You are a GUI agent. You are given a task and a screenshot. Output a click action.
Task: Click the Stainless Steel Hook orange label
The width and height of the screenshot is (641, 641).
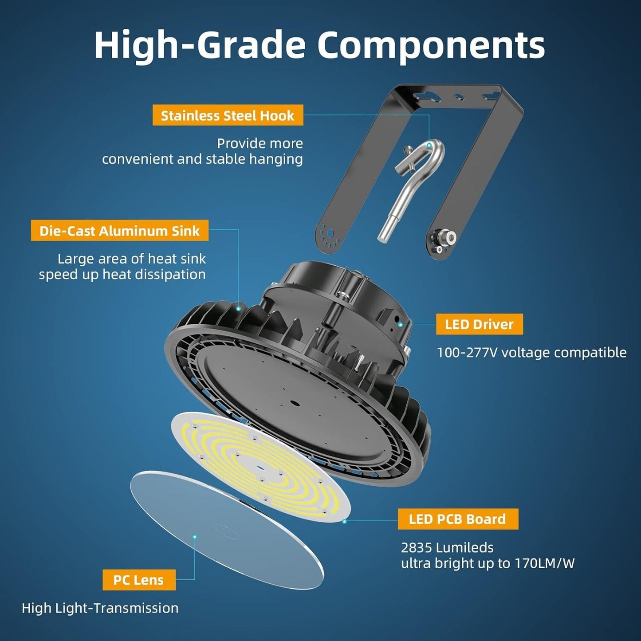[x=228, y=115]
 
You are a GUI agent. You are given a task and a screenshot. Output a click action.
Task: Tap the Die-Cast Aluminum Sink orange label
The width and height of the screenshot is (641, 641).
[x=120, y=230]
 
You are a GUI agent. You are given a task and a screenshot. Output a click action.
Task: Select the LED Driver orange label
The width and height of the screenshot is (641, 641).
[x=480, y=324]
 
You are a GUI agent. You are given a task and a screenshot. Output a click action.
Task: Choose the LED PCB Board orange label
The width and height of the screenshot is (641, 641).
[x=458, y=519]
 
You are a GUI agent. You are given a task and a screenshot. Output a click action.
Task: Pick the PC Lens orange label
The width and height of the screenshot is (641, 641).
[x=139, y=580]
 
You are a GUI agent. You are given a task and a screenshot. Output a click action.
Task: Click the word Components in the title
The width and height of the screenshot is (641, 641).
[x=432, y=45]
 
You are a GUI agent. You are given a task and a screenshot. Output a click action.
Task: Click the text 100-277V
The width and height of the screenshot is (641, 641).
[x=467, y=353]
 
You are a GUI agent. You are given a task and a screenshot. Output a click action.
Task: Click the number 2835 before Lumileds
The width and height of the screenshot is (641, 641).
[x=417, y=547]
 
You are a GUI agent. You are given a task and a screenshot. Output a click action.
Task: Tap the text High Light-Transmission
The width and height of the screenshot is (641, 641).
[x=100, y=608]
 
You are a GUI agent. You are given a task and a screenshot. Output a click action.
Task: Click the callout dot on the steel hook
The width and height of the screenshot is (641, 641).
[x=429, y=145]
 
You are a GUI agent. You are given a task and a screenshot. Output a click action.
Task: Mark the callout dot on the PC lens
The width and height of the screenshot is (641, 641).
[x=195, y=537]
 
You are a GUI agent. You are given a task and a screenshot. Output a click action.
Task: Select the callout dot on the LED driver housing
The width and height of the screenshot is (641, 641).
[x=401, y=324]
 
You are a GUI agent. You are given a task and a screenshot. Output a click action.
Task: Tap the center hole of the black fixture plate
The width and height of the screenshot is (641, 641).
[x=295, y=403]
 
